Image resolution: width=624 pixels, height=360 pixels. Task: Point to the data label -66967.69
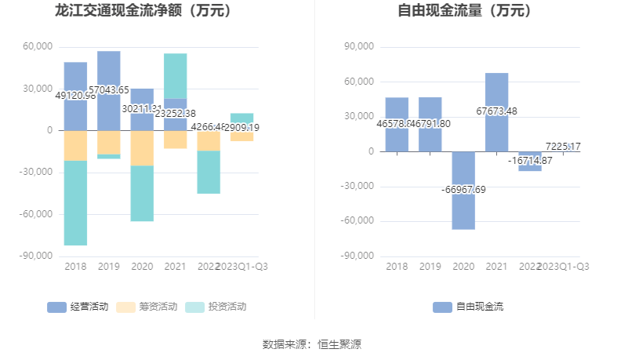pos(463,190)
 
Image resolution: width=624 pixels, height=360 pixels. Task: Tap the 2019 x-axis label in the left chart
pos(109,267)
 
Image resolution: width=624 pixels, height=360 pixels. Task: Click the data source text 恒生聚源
pos(339,344)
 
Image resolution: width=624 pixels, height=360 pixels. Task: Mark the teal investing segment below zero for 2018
pos(75,203)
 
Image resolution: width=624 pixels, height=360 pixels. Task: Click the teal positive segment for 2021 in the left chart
pos(176,76)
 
